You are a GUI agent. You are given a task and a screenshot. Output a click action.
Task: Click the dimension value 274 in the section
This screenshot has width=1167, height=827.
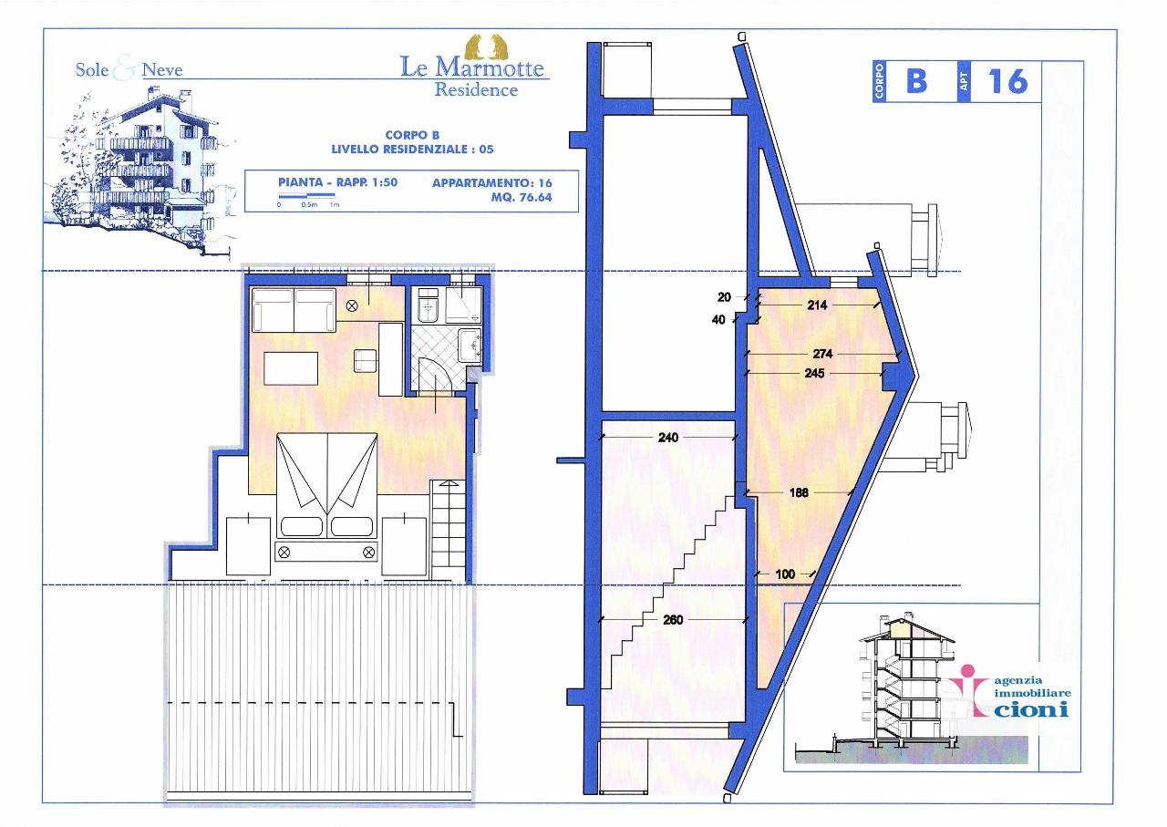pyautogui.click(x=822, y=354)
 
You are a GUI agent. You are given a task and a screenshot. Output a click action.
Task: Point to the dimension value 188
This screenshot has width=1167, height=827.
pyautogui.click(x=800, y=492)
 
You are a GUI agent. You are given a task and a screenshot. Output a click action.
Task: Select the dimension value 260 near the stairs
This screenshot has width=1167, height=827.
pyautogui.click(x=673, y=620)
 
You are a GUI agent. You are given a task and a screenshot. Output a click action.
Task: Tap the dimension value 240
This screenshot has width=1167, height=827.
pyautogui.click(x=668, y=438)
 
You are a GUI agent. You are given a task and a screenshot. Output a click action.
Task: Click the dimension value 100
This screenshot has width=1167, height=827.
pyautogui.click(x=785, y=574)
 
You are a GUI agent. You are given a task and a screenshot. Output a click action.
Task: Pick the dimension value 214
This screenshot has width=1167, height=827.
pyautogui.click(x=817, y=305)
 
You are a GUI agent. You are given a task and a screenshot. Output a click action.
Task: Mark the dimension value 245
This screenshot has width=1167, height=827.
pyautogui.click(x=814, y=373)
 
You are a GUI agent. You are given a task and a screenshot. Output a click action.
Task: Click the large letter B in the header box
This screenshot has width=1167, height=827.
pyautogui.click(x=917, y=81)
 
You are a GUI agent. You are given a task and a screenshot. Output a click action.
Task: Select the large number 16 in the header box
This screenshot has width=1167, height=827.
pyautogui.click(x=1007, y=81)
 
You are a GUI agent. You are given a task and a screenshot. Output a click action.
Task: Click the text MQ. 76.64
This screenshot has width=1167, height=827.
pyautogui.click(x=521, y=198)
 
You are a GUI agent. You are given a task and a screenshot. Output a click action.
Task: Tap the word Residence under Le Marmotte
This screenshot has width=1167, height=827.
pyautogui.click(x=476, y=89)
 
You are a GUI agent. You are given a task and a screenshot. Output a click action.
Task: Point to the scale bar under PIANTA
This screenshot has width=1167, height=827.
pyautogui.click(x=306, y=196)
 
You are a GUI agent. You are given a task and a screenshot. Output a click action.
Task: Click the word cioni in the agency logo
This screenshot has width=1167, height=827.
pyautogui.click(x=1031, y=709)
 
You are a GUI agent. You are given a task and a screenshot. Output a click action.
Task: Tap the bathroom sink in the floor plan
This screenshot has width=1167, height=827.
pyautogui.click(x=470, y=345)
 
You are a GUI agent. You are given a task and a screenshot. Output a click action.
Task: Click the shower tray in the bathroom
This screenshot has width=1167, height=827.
pyautogui.click(x=463, y=305)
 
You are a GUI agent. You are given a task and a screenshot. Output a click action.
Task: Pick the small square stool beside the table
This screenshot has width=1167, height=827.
pyautogui.click(x=366, y=361)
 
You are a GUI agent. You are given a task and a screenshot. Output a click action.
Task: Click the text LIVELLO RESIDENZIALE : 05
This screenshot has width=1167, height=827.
pyautogui.click(x=412, y=150)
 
